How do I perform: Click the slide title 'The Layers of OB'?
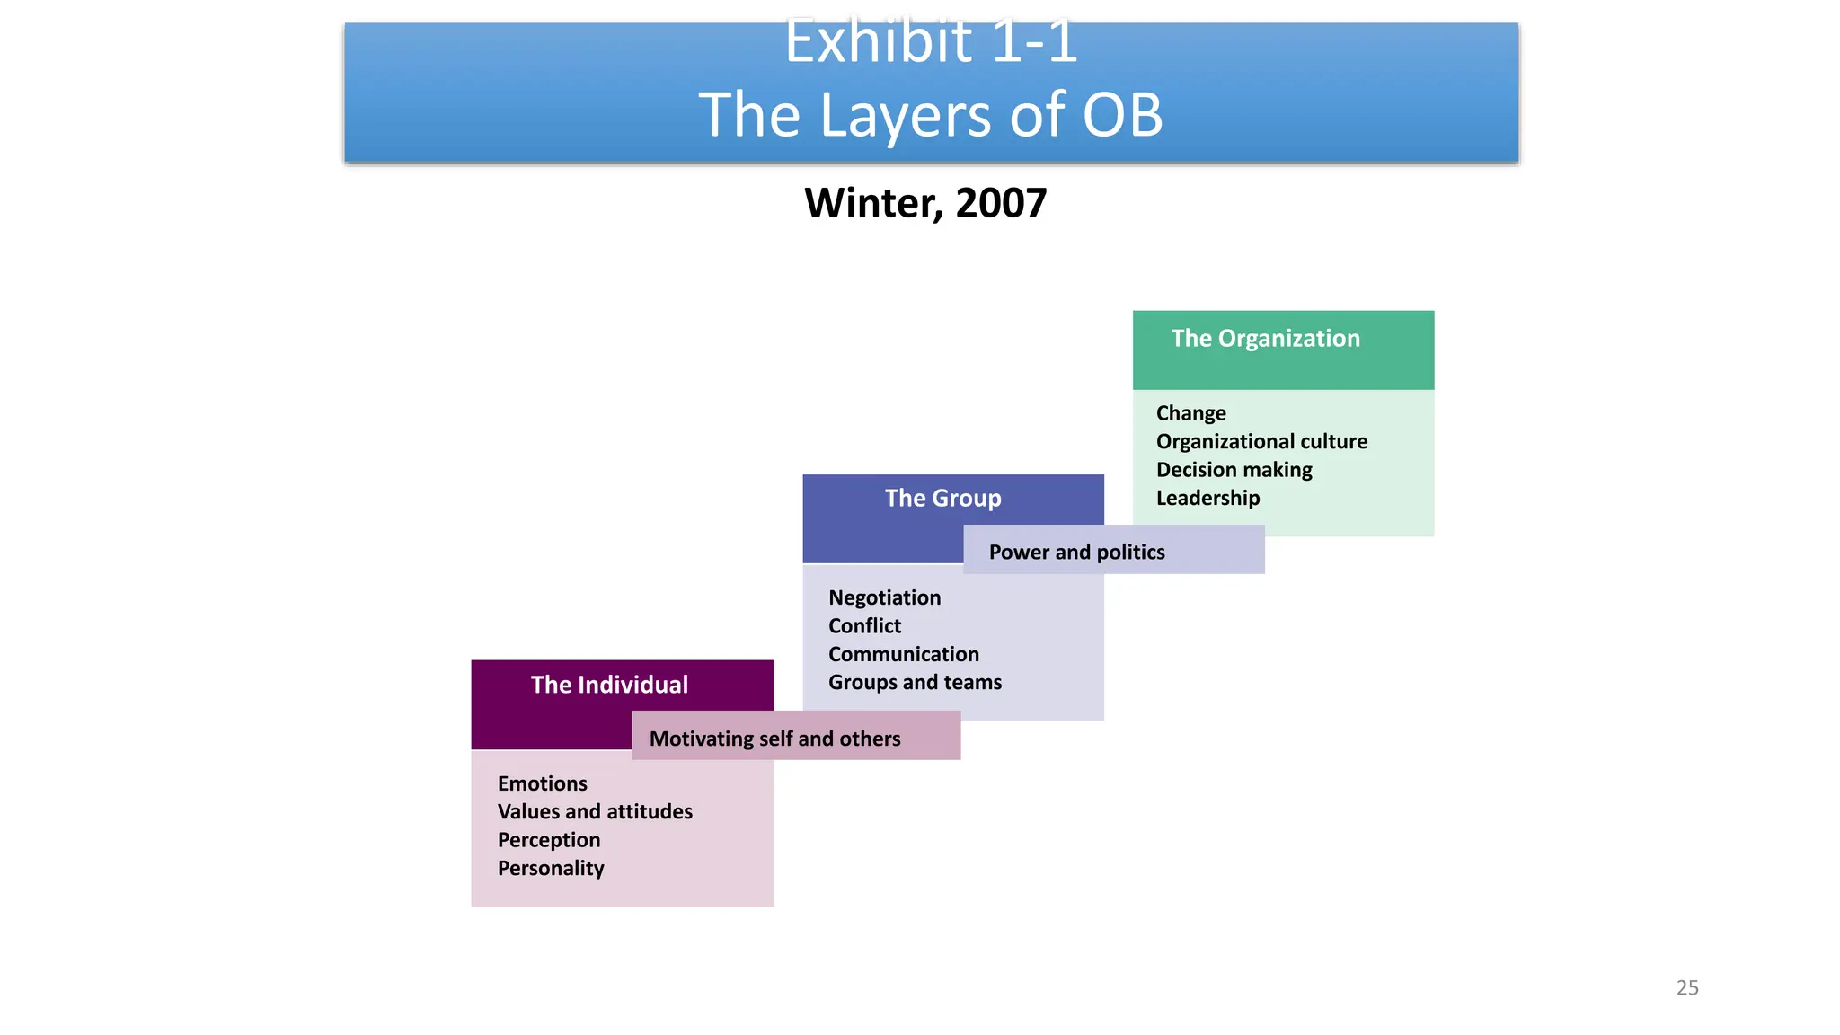(931, 115)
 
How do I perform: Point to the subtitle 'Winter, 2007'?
(925, 203)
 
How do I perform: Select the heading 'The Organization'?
(1265, 339)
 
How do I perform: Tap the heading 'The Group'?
(942, 499)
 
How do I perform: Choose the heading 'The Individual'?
(609, 685)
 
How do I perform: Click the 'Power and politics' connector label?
(1076, 552)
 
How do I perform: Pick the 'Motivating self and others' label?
(774, 739)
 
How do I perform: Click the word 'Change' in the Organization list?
(1190, 413)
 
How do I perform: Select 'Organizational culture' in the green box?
(1261, 441)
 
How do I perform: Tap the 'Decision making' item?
(1234, 470)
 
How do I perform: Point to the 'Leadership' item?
(1207, 498)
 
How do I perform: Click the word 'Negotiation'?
(884, 597)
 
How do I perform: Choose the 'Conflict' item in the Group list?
(864, 626)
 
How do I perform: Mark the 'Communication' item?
(903, 654)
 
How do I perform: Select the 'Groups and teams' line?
(915, 682)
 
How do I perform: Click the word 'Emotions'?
(542, 783)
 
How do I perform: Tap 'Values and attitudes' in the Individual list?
(595, 811)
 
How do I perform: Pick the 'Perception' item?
(549, 840)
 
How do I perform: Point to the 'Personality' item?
(551, 868)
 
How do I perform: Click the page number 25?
(1686, 987)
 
